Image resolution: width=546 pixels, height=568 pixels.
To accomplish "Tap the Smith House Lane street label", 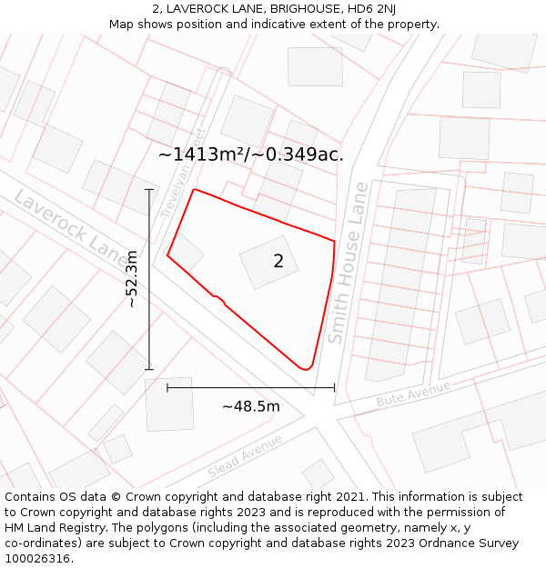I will click(x=349, y=264).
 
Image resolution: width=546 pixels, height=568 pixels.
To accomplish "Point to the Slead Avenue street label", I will click(x=245, y=456).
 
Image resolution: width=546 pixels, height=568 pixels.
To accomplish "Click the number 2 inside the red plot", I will click(x=278, y=262).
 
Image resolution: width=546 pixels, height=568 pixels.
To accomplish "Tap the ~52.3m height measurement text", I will click(x=133, y=279).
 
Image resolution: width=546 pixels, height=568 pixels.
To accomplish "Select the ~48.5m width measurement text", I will click(x=251, y=406).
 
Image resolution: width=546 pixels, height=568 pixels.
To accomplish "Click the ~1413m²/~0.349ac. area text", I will click(x=251, y=154).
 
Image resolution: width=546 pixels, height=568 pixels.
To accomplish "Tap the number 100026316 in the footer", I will click(x=39, y=558).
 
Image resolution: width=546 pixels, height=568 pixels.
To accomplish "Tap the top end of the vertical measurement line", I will click(x=149, y=189).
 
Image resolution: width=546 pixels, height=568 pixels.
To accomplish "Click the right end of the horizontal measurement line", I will click(x=334, y=387).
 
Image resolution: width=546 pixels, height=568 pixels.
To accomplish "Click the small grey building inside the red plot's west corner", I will click(x=186, y=250).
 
